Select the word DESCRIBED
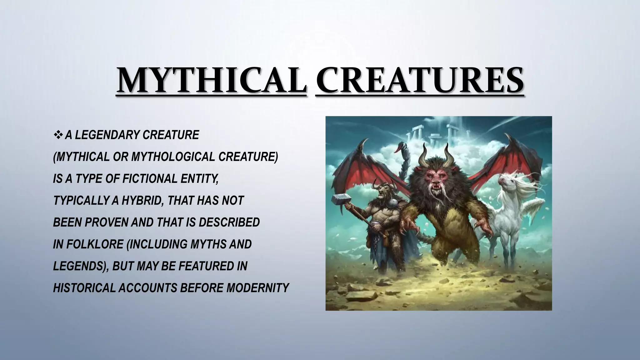coord(229,222)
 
